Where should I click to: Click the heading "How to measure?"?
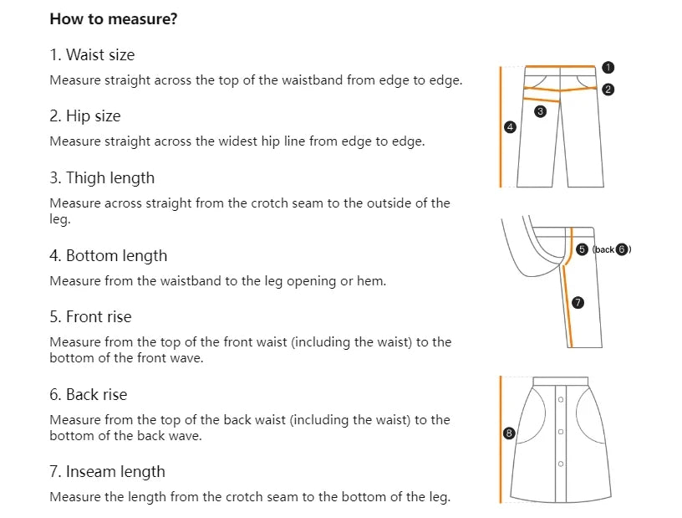114,19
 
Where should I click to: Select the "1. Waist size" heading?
92,55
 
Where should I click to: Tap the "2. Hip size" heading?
85,116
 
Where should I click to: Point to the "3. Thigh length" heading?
102,178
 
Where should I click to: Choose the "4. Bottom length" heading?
109,256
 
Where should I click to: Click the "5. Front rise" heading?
90,316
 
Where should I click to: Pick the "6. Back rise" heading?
89,395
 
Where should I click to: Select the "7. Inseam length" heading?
108,472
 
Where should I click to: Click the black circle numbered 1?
608,68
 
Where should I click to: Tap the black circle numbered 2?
608,90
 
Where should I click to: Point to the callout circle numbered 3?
540,111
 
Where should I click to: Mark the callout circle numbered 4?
510,127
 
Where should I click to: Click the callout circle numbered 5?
582,249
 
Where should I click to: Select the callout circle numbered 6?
623,249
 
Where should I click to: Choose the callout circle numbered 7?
578,302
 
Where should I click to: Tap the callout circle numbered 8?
508,433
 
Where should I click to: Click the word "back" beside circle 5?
604,249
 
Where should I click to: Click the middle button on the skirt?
561,432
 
